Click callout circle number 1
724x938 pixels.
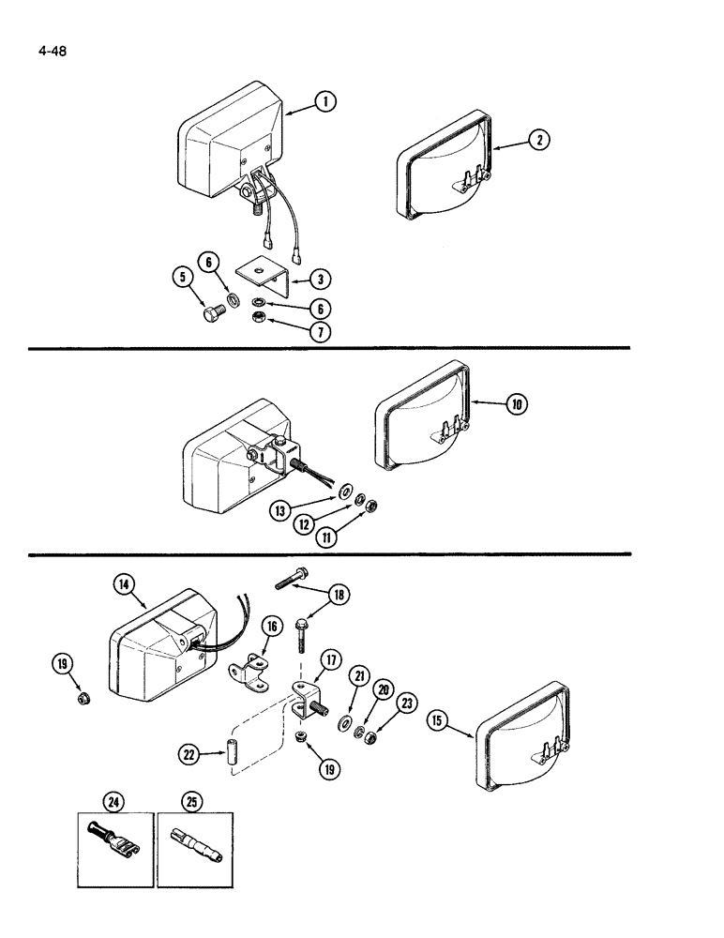tap(325, 102)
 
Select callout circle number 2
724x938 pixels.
tap(538, 140)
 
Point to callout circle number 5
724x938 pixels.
tap(182, 279)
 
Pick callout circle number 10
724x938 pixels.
tap(516, 404)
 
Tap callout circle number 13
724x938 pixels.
tap(279, 509)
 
